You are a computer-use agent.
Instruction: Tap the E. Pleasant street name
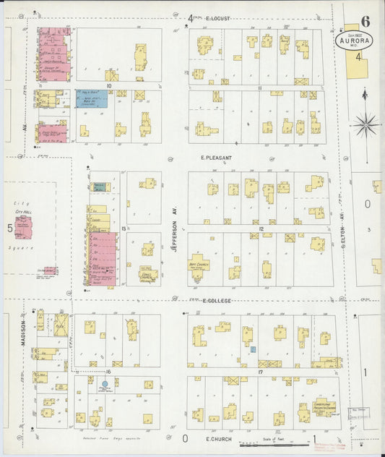217,157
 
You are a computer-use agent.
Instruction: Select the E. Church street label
217,438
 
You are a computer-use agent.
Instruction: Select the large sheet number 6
366,20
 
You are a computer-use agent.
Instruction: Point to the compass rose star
366,124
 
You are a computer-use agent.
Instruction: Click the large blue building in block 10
91,98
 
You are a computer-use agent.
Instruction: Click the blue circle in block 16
105,384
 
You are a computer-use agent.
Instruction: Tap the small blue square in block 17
253,349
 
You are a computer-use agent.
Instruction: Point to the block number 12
259,229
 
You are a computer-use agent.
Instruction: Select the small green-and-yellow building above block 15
99,187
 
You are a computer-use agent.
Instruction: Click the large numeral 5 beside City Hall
9,228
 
